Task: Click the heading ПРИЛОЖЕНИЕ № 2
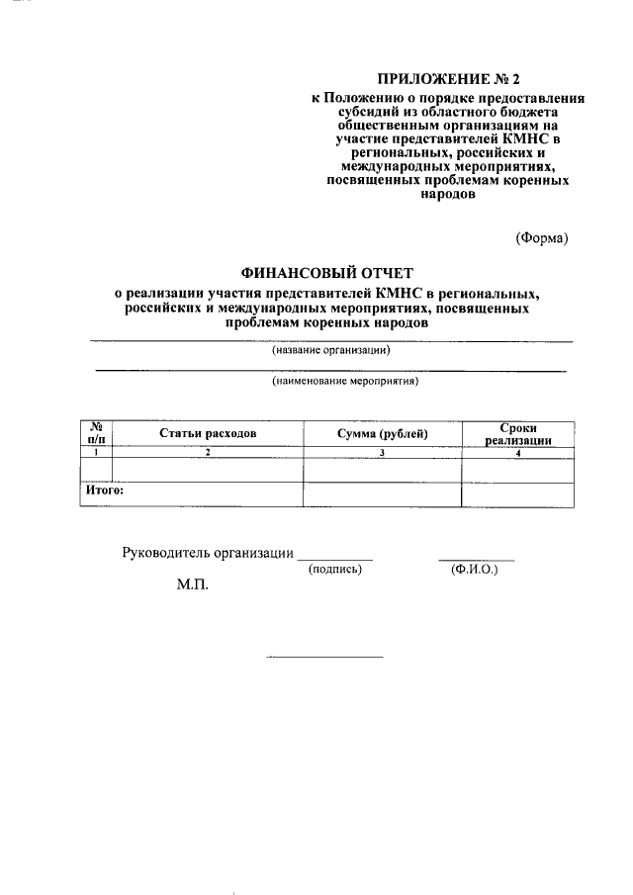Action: pyautogui.click(x=448, y=78)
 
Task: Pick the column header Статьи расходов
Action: pyautogui.click(x=209, y=433)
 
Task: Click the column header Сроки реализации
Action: pyautogui.click(x=517, y=433)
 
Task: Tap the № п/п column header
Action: pyautogui.click(x=96, y=433)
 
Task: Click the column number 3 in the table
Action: pyautogui.click(x=382, y=451)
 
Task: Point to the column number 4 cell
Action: pyautogui.click(x=517, y=451)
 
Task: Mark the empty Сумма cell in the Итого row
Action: pyautogui.click(x=382, y=493)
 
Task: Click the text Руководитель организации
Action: pyautogui.click(x=208, y=553)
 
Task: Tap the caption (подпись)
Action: pyautogui.click(x=336, y=570)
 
